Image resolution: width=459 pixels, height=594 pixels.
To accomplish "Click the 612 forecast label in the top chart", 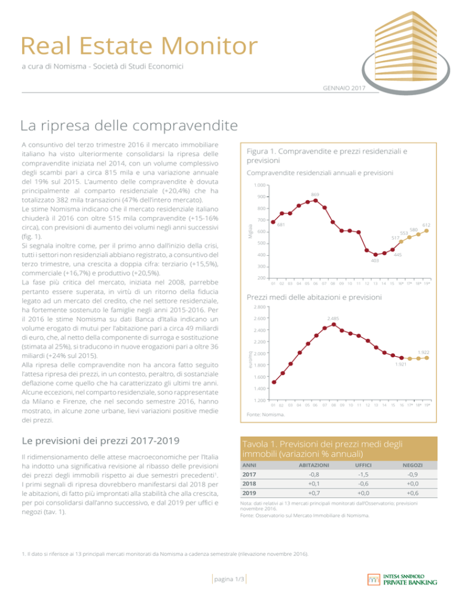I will [426, 225].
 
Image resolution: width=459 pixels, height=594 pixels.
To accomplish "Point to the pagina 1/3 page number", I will [230, 579].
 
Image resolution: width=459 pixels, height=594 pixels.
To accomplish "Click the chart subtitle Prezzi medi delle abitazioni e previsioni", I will [314, 297].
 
